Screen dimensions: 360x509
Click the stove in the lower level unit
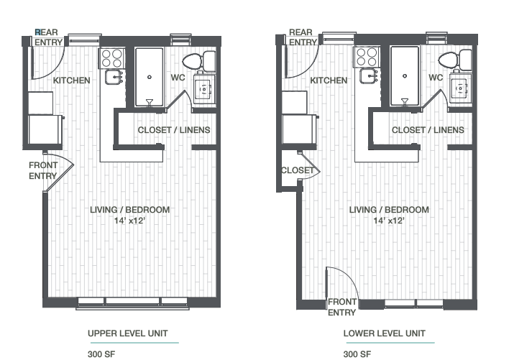(366, 56)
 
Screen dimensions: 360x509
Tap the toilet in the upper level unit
(196, 61)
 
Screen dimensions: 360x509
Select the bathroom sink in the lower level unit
(459, 89)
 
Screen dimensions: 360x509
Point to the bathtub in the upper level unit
(149, 76)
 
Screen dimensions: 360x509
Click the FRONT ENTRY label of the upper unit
(43, 170)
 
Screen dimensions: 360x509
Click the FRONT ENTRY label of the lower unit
(341, 308)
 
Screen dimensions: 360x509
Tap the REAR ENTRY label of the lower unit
(301, 37)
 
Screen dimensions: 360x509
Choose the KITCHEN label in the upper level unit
(72, 80)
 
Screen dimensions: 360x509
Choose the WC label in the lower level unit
(436, 77)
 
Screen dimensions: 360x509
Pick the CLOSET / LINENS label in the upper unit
(174, 130)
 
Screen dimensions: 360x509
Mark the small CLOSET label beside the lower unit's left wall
(297, 170)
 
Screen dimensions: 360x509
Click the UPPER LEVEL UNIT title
(127, 333)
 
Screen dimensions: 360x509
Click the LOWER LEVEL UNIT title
(384, 333)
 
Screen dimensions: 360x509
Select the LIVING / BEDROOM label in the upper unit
(130, 210)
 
